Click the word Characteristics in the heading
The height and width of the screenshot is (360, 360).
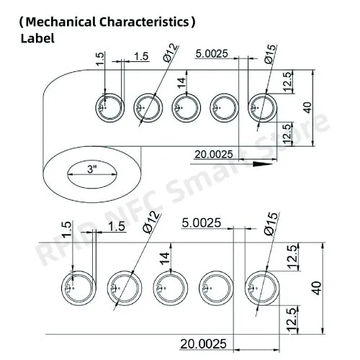[145, 22]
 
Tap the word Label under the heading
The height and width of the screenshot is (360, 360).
[37, 38]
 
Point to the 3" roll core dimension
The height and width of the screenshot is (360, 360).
[91, 169]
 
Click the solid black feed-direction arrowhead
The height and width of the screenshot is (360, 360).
[263, 164]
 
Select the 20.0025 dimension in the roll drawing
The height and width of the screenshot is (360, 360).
[214, 154]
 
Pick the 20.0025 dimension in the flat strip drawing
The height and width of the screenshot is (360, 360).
[203, 343]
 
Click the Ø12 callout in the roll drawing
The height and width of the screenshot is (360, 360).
[170, 53]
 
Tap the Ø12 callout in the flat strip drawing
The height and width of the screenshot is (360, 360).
[150, 222]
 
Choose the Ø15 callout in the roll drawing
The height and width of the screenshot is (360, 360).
[271, 54]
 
